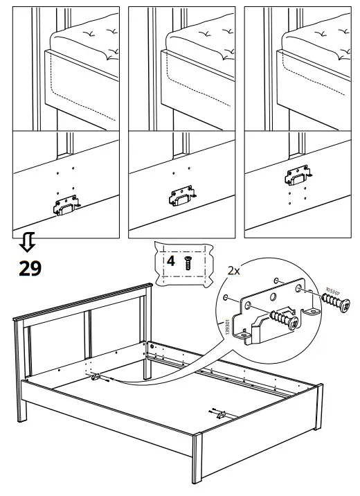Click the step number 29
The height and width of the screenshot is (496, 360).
click(28, 267)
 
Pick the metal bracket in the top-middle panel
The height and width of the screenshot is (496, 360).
click(179, 196)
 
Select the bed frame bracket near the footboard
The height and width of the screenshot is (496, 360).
click(221, 413)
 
